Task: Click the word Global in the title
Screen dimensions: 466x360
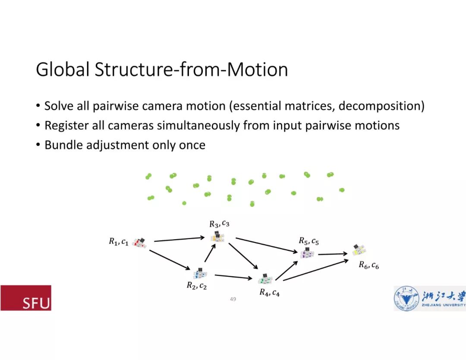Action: click(62, 69)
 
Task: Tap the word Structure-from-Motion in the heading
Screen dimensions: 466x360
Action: click(191, 69)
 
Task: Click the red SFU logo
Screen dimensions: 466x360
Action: click(26, 298)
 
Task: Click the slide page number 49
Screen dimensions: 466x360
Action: click(233, 299)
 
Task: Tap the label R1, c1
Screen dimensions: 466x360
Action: click(118, 242)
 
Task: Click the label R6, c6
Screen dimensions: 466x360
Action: click(368, 265)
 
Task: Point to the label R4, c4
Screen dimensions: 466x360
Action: click(269, 293)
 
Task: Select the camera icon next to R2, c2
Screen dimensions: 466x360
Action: click(200, 273)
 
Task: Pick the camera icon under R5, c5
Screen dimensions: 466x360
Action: click(307, 253)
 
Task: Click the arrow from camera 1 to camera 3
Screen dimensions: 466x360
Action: click(179, 239)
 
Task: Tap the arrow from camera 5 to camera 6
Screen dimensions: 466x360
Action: click(333, 254)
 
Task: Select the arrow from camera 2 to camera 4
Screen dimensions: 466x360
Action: click(233, 277)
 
